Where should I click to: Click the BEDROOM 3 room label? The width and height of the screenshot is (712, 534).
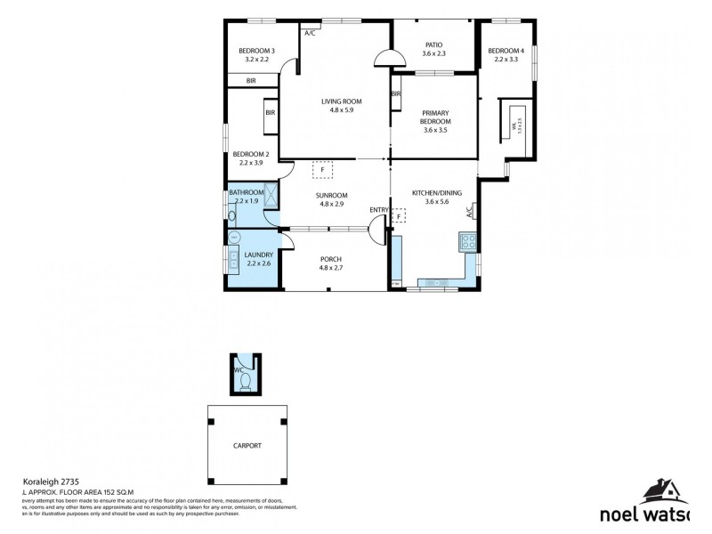point(256,51)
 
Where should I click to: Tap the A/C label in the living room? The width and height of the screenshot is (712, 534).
point(310,33)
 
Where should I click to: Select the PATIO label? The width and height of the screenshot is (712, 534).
point(433,44)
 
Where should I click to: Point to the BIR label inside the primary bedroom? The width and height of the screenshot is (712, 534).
point(395,93)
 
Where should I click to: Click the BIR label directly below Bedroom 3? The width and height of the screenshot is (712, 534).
point(252,81)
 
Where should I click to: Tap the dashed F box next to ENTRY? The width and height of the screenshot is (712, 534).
point(400,215)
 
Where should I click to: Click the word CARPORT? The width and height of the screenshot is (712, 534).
point(247,445)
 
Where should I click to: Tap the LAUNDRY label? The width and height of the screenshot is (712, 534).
point(247,255)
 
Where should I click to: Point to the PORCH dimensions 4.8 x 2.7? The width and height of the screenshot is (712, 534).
point(336,267)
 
